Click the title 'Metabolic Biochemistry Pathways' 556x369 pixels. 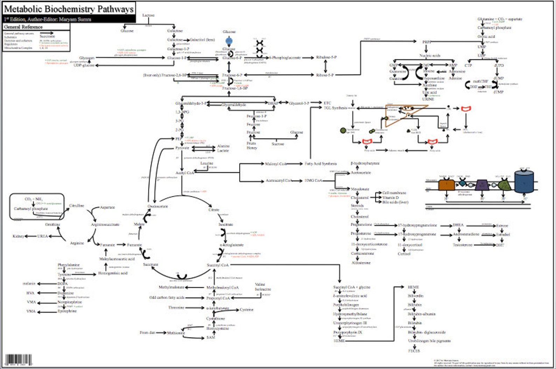69,9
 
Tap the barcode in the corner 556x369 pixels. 18,360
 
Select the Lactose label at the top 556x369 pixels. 148,15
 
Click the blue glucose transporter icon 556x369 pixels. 229,41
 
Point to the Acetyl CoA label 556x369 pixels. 185,173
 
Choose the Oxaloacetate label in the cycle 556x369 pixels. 158,206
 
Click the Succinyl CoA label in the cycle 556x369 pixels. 218,265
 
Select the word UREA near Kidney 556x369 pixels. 42,236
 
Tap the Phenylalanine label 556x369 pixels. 69,265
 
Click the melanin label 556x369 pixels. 29,283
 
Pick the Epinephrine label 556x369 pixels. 67,311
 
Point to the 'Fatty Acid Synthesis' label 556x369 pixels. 320,164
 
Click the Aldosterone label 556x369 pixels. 361,263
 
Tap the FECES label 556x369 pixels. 414,350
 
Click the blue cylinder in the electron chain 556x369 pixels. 524,182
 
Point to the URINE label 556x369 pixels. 428,99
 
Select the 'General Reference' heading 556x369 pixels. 23,27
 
